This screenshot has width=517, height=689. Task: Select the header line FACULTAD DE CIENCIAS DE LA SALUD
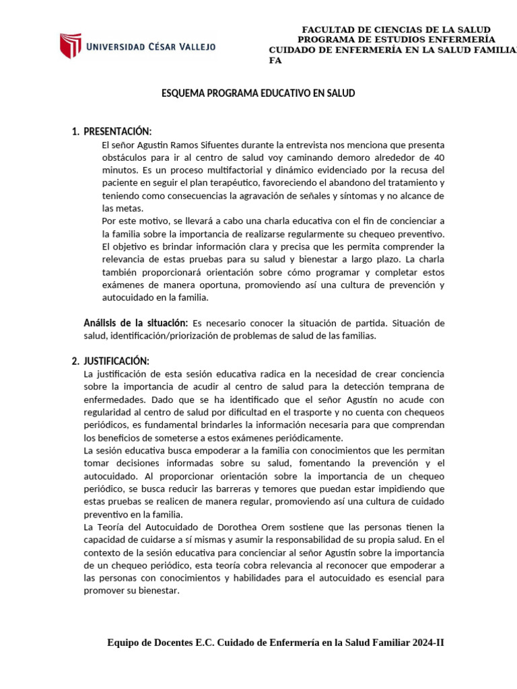tap(396, 30)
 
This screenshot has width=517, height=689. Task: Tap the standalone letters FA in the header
tap(275, 61)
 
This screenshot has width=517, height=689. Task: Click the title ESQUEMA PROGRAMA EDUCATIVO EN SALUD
tap(258, 94)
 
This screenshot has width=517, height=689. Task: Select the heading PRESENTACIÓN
tap(117, 131)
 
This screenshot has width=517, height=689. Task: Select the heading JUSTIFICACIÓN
tap(116, 361)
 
